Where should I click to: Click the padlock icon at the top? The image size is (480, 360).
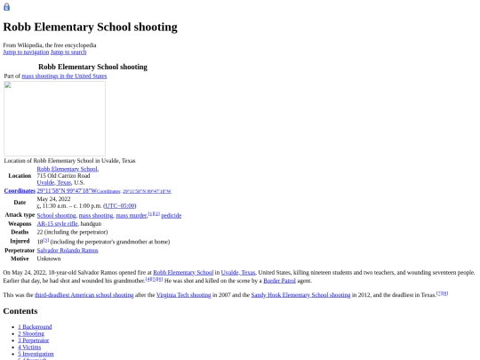click(x=7, y=6)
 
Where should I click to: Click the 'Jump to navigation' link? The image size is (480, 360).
click(x=26, y=52)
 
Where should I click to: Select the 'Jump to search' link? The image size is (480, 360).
click(x=68, y=52)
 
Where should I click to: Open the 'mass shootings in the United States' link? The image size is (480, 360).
click(x=64, y=76)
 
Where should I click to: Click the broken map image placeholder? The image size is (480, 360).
click(x=54, y=118)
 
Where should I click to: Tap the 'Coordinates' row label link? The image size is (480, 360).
click(x=20, y=190)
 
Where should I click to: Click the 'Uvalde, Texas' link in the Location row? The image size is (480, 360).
click(x=53, y=182)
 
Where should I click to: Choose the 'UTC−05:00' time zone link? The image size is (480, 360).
click(x=119, y=205)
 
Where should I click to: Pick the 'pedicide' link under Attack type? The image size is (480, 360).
click(x=171, y=215)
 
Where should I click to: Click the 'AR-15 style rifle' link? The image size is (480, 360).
click(x=57, y=223)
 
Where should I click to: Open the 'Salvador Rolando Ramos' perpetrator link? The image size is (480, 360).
click(x=68, y=250)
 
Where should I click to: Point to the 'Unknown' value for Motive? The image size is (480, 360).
click(x=49, y=259)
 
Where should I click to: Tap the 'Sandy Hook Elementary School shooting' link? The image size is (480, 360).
click(x=300, y=294)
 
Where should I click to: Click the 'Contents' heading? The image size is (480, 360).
click(x=20, y=311)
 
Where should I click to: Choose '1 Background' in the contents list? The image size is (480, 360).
click(x=35, y=327)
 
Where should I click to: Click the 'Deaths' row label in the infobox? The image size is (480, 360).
click(x=20, y=232)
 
